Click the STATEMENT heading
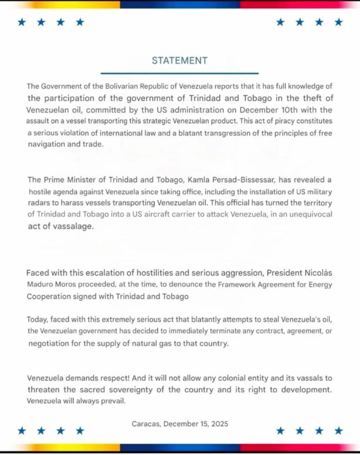click(x=180, y=60)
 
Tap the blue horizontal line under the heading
click(x=180, y=73)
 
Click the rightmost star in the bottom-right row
click(x=339, y=430)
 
